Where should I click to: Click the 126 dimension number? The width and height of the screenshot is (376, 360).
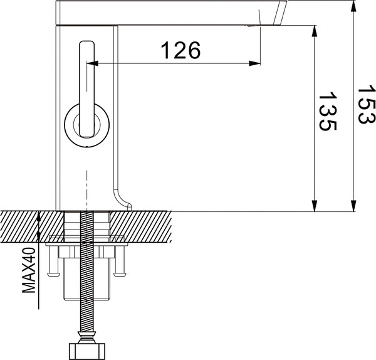(182, 50)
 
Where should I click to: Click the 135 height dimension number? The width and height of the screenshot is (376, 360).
(327, 112)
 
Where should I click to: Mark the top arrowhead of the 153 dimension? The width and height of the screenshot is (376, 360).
(353, 5)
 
